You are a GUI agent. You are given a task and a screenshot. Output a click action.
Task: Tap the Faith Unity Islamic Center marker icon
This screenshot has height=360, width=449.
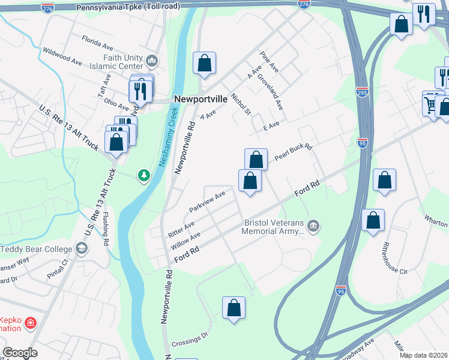151,61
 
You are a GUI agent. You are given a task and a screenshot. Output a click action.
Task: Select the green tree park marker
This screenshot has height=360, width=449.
143,175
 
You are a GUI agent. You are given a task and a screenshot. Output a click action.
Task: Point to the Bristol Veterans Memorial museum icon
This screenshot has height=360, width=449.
313,226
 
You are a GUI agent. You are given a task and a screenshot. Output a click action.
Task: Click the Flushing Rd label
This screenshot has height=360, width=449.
106,229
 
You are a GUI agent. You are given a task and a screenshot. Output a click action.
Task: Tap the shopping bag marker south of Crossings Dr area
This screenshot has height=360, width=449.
234,308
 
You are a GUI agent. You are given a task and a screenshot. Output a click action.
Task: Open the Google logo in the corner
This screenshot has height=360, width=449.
20,353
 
